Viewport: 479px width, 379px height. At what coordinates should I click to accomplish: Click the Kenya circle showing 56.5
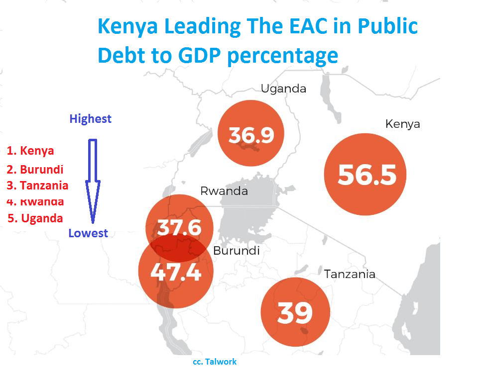pos(365,175)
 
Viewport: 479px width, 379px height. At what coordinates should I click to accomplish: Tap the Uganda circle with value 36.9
pos(251,134)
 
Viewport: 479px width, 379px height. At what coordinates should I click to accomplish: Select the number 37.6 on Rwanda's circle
pos(179,228)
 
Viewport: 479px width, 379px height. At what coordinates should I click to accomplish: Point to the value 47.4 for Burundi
pos(176,272)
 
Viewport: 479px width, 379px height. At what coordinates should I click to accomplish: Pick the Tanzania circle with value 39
pos(295,312)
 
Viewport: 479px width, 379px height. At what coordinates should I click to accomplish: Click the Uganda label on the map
pos(283,89)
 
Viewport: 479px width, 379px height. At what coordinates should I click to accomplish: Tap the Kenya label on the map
pos(402,124)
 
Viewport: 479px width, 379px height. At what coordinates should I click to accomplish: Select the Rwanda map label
pos(224,191)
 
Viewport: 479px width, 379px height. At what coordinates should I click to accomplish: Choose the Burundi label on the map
pos(236,251)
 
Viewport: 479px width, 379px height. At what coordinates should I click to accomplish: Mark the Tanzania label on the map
pos(350,274)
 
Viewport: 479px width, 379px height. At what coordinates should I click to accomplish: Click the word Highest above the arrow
pos(90,119)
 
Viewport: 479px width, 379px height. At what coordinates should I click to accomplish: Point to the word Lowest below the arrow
pos(88,233)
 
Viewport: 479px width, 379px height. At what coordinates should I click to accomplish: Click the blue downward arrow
pos(93,179)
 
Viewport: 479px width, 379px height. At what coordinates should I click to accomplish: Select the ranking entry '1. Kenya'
pos(31,150)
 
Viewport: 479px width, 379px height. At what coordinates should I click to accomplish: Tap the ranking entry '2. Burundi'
pos(35,169)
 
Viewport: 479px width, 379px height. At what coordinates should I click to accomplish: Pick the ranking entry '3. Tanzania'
pos(38,186)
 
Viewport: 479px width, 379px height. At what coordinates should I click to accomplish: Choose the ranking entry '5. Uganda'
pos(35,218)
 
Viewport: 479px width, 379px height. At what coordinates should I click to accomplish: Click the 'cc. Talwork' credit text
pos(215,362)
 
